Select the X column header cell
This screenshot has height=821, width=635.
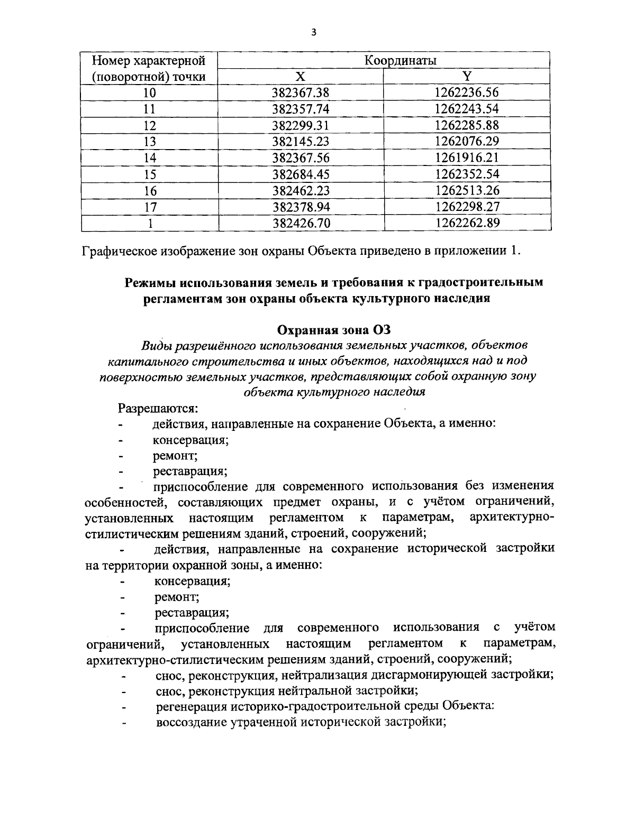[x=301, y=77]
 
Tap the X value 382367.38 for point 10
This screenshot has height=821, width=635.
[x=301, y=93]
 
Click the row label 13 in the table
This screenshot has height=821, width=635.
[x=150, y=142]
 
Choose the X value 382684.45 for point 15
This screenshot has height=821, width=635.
[x=301, y=174]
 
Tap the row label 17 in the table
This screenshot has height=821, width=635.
[x=150, y=207]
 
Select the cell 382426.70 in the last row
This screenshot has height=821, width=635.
[x=301, y=223]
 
